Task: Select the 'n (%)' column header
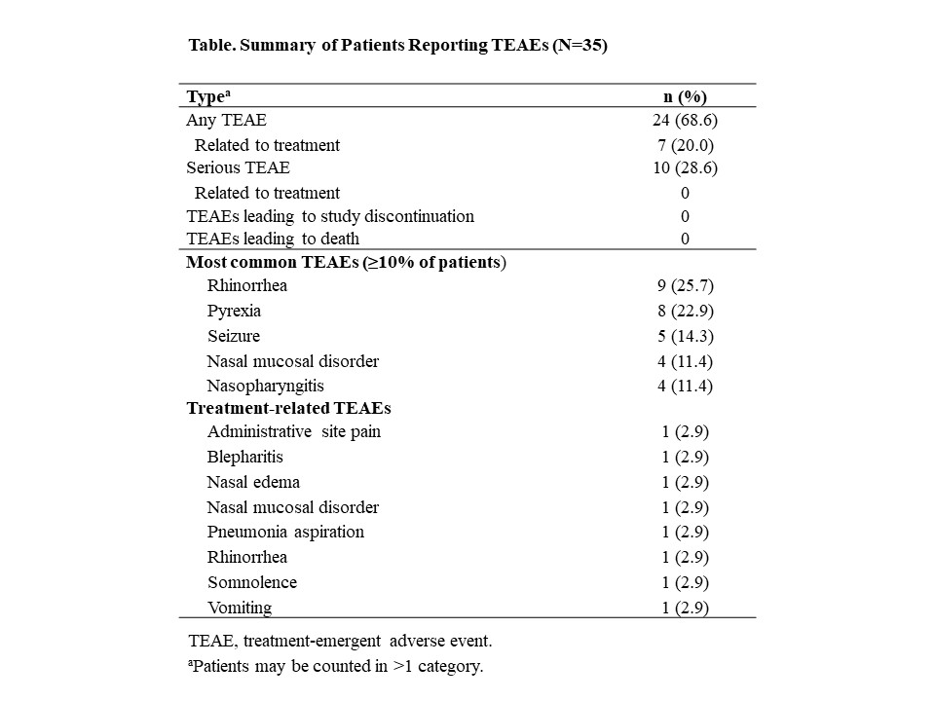pyautogui.click(x=685, y=95)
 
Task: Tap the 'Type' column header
pyautogui.click(x=207, y=95)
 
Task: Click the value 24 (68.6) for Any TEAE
pyautogui.click(x=685, y=121)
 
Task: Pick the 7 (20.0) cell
pyautogui.click(x=685, y=145)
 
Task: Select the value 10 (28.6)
pyautogui.click(x=685, y=167)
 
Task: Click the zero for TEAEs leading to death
pyautogui.click(x=685, y=239)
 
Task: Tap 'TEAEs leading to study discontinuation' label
pyautogui.click(x=330, y=215)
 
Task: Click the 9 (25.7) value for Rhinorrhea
pyautogui.click(x=685, y=286)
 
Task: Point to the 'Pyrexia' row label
pyautogui.click(x=234, y=312)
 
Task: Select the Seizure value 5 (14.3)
pyautogui.click(x=685, y=336)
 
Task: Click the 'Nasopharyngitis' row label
pyautogui.click(x=265, y=386)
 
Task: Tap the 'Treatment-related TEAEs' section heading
pyautogui.click(x=288, y=408)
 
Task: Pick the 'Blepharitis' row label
pyautogui.click(x=244, y=457)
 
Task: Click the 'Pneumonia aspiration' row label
pyautogui.click(x=285, y=532)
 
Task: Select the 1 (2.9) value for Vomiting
pyautogui.click(x=685, y=608)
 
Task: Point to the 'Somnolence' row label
pyautogui.click(x=251, y=582)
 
